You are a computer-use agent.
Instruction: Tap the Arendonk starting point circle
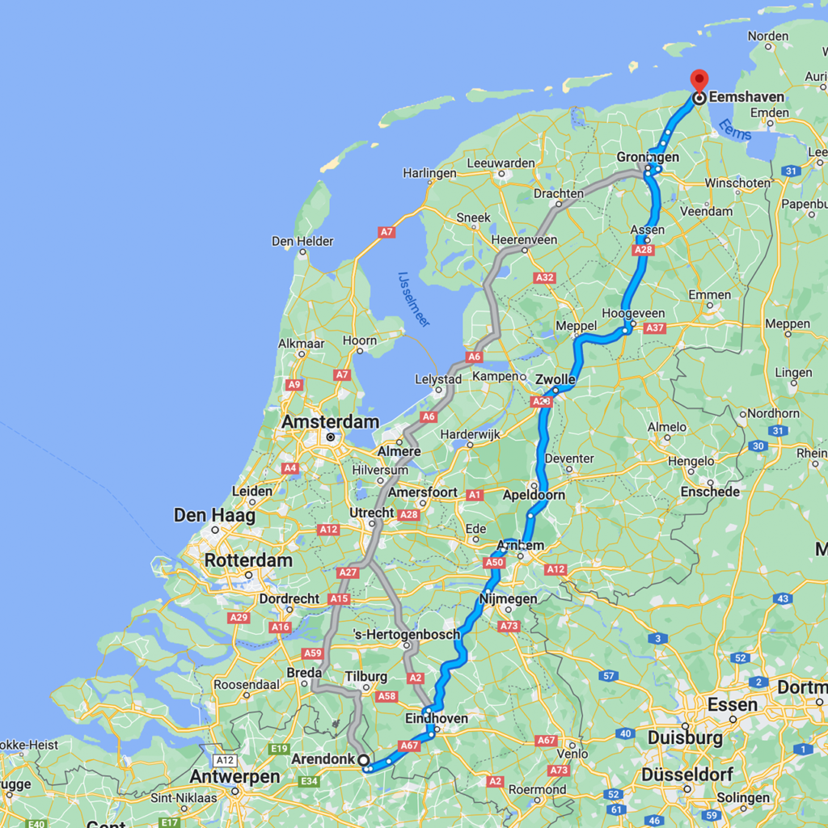(x=363, y=760)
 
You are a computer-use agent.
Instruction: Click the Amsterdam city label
(x=330, y=422)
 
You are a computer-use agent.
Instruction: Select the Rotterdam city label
(x=248, y=560)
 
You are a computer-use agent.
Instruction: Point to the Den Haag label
(x=214, y=515)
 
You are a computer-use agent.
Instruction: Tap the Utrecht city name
(x=372, y=513)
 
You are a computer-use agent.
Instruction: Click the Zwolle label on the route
(x=556, y=379)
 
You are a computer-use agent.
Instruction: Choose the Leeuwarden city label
(x=501, y=163)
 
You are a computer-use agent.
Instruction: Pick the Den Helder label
(x=302, y=241)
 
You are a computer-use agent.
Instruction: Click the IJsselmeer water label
(x=413, y=299)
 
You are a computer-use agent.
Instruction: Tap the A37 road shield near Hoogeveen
(x=655, y=327)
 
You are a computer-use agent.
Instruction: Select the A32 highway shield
(x=544, y=277)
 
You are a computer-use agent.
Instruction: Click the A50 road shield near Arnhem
(x=494, y=563)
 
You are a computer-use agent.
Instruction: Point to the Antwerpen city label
(x=234, y=777)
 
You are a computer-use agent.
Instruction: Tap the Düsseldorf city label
(x=687, y=775)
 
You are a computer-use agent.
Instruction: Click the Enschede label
(x=710, y=492)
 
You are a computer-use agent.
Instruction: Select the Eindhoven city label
(x=437, y=719)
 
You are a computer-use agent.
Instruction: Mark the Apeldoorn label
(x=534, y=495)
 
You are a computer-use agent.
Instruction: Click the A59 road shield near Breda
(x=312, y=653)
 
